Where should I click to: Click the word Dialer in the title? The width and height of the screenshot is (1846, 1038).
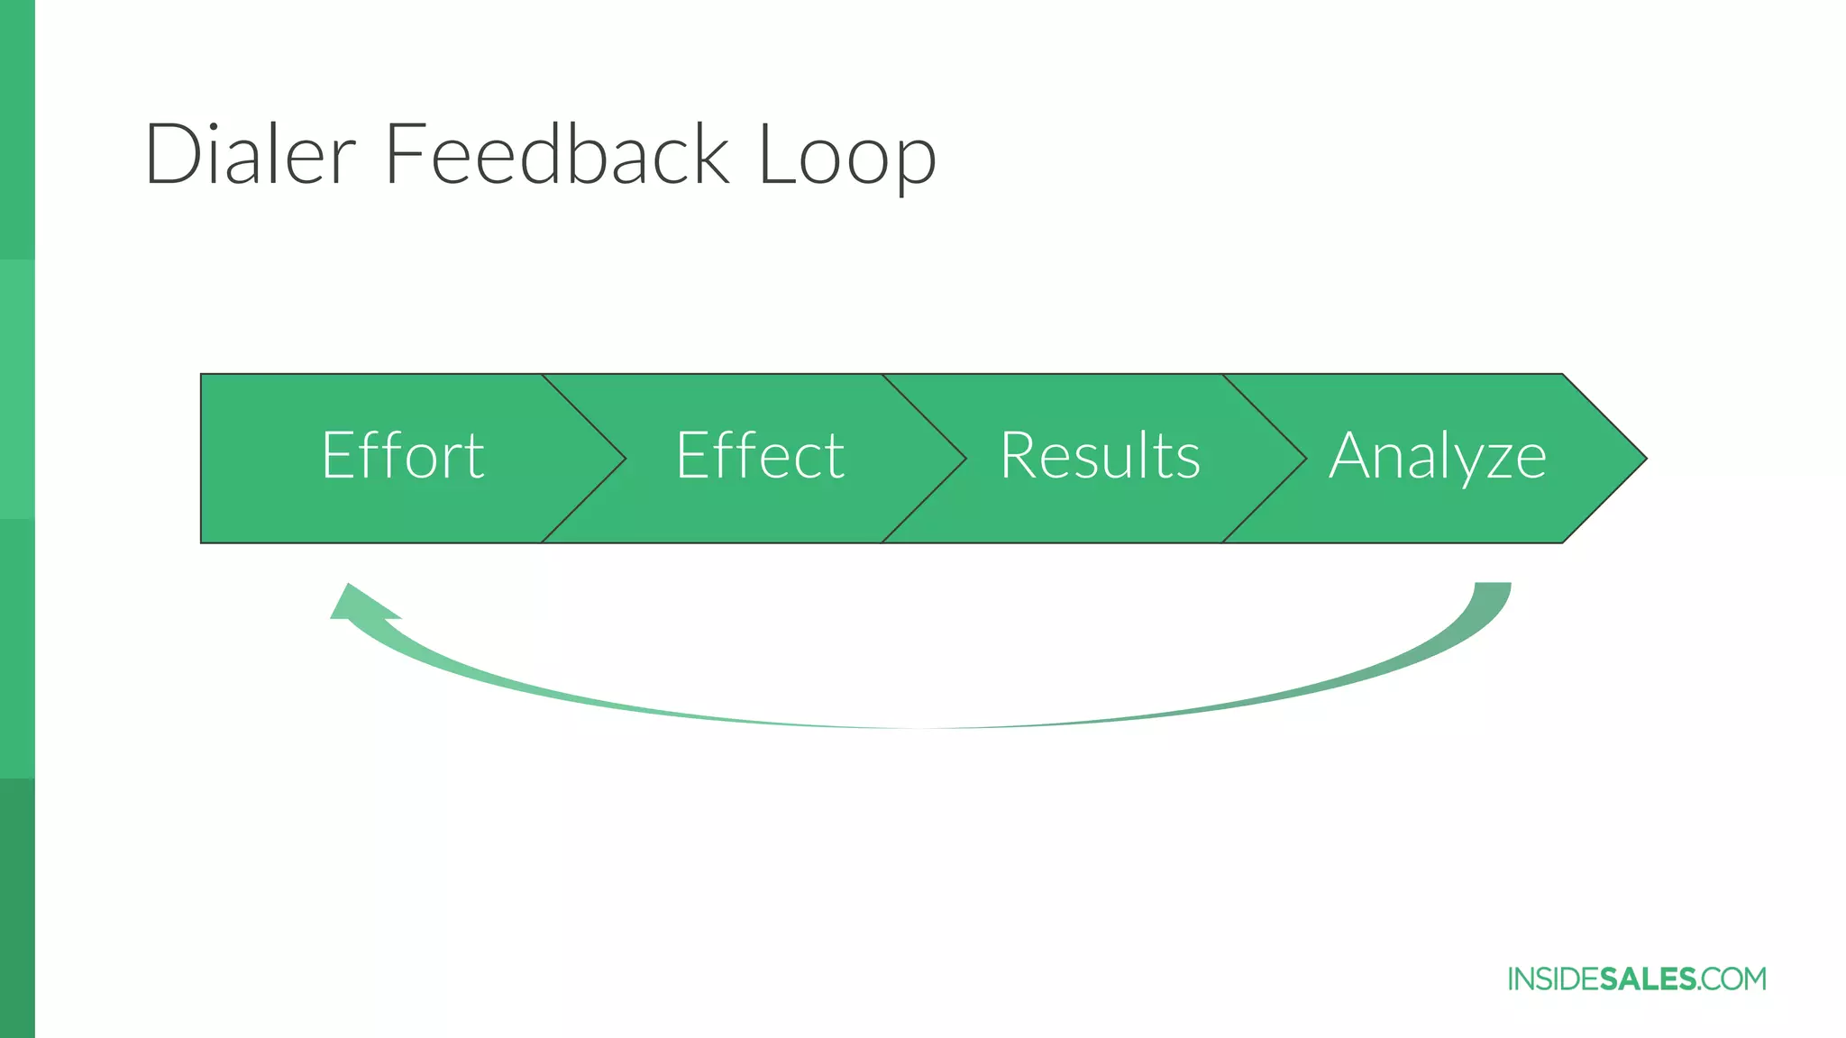click(250, 155)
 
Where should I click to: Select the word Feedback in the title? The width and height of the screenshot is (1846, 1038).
click(556, 155)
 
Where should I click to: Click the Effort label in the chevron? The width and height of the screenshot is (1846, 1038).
click(403, 456)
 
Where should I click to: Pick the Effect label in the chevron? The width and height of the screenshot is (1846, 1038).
click(760, 456)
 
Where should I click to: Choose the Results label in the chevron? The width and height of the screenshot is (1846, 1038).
click(1100, 456)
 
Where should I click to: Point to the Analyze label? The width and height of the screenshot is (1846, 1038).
click(1438, 458)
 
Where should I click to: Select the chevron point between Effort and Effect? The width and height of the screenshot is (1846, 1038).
click(623, 459)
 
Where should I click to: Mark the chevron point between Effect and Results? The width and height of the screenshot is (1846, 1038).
click(964, 459)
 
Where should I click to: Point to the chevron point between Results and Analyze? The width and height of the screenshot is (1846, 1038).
click(1303, 459)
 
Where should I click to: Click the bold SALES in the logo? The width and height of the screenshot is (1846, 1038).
click(1648, 979)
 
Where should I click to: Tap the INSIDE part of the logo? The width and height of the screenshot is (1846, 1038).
click(1553, 979)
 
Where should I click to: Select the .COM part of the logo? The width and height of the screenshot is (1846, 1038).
click(1732, 979)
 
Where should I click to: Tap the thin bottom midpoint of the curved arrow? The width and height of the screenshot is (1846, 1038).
click(919, 726)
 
